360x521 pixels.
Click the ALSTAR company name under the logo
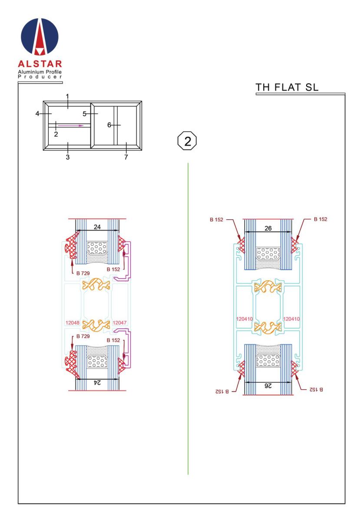[40, 64]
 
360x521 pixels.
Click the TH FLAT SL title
[287, 87]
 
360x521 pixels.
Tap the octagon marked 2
[187, 141]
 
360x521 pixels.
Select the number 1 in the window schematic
[67, 96]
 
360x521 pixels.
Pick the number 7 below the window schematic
[126, 157]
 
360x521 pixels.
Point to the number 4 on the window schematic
[37, 114]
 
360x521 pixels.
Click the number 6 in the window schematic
[109, 125]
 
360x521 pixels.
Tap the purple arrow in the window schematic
[70, 125]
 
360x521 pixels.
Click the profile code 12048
[73, 323]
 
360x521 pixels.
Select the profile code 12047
[119, 323]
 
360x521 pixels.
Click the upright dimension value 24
[97, 227]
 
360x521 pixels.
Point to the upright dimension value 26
[268, 228]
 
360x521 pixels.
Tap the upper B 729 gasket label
[83, 273]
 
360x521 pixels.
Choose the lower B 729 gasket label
[83, 336]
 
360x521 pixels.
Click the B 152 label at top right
[320, 219]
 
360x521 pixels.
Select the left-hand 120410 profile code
[244, 319]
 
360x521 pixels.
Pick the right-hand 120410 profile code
[291, 319]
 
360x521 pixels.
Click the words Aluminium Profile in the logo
[40, 72]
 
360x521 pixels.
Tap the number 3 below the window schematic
[67, 157]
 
